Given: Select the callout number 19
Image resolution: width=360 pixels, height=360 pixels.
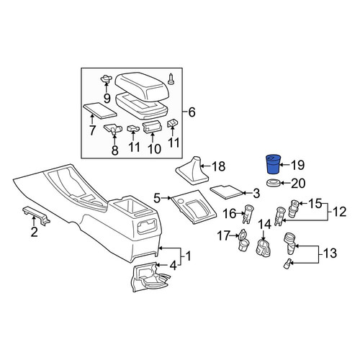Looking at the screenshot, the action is pos(297,165).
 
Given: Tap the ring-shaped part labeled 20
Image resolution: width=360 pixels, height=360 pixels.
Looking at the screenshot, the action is pos(273,183).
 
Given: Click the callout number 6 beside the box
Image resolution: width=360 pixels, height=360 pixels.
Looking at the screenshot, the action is pos(192,112).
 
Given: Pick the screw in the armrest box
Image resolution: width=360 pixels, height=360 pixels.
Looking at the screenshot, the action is pos(171,79).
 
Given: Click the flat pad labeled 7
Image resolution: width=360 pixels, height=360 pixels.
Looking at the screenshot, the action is pos(99,110).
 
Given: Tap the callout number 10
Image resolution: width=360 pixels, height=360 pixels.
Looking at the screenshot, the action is pos(154,149).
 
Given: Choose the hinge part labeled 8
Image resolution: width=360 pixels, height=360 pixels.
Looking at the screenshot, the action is pos(113,129).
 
